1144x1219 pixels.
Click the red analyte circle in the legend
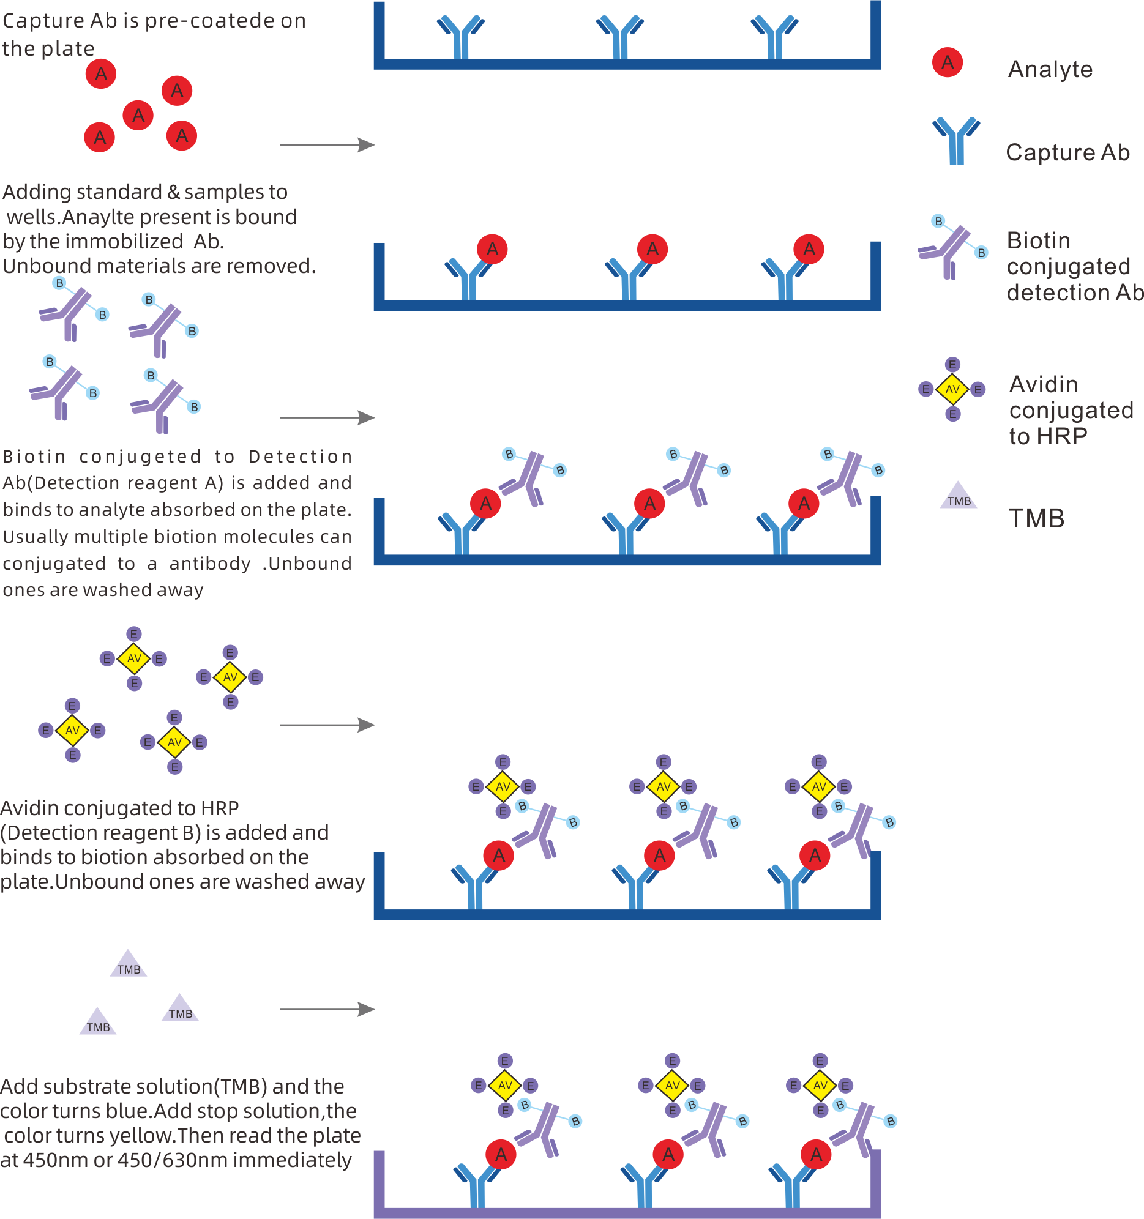947,62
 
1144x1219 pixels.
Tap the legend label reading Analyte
1050,69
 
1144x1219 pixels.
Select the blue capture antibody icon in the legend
955,140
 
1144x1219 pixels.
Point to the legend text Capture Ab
1067,152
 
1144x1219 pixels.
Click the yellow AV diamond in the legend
952,389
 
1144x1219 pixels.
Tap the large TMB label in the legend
1036,519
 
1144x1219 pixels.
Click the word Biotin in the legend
1038,240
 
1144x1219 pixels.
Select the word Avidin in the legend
1044,384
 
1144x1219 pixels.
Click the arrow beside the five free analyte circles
327,145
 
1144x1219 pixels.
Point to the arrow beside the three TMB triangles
327,1009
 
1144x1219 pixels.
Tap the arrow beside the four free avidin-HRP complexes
327,725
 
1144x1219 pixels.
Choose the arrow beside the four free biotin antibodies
327,418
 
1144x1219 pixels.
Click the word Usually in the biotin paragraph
35,537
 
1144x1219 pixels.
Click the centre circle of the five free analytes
138,115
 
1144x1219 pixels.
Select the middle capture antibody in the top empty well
619,37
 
